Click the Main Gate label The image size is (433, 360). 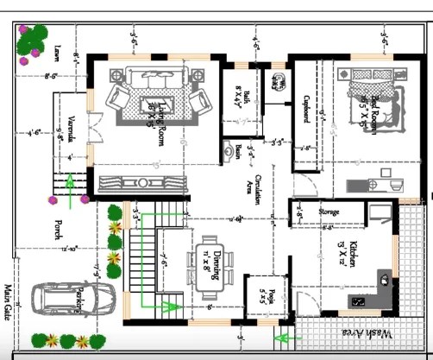click(7, 300)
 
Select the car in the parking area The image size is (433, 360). click(74, 300)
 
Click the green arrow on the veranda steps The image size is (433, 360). click(70, 185)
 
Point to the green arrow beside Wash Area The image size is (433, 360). click(281, 336)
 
